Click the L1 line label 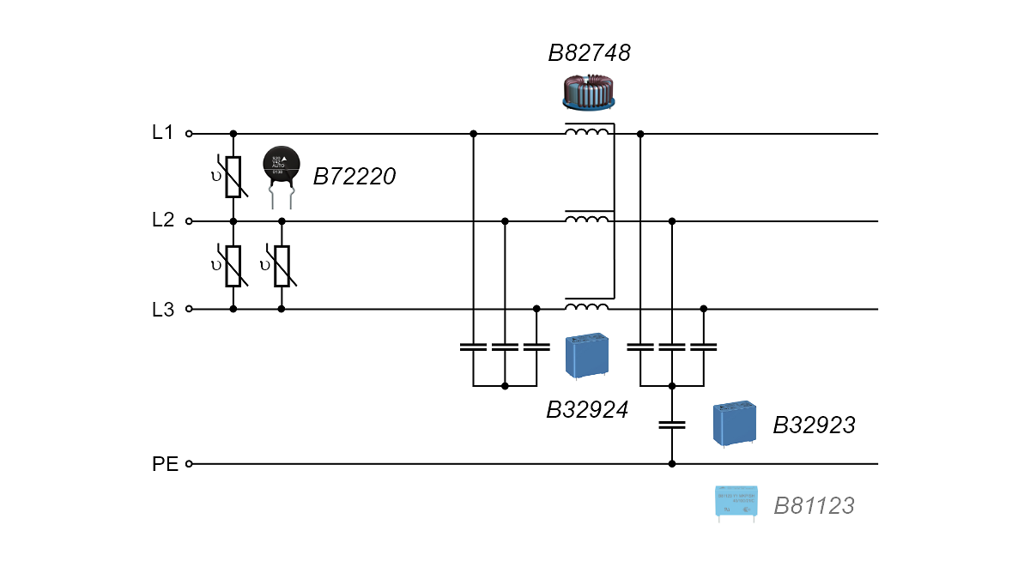(163, 133)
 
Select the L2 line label (163, 220)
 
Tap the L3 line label (163, 310)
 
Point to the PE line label (165, 464)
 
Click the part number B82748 (589, 54)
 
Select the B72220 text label (354, 178)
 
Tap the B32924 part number (587, 410)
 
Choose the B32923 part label (814, 425)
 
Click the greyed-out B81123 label (814, 506)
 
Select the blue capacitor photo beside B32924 (588, 356)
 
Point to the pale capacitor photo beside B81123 (736, 503)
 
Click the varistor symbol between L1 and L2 (233, 177)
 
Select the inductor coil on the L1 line (588, 131)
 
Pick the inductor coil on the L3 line (588, 306)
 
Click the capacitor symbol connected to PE (672, 425)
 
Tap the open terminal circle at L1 (189, 134)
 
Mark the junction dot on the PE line (672, 464)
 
